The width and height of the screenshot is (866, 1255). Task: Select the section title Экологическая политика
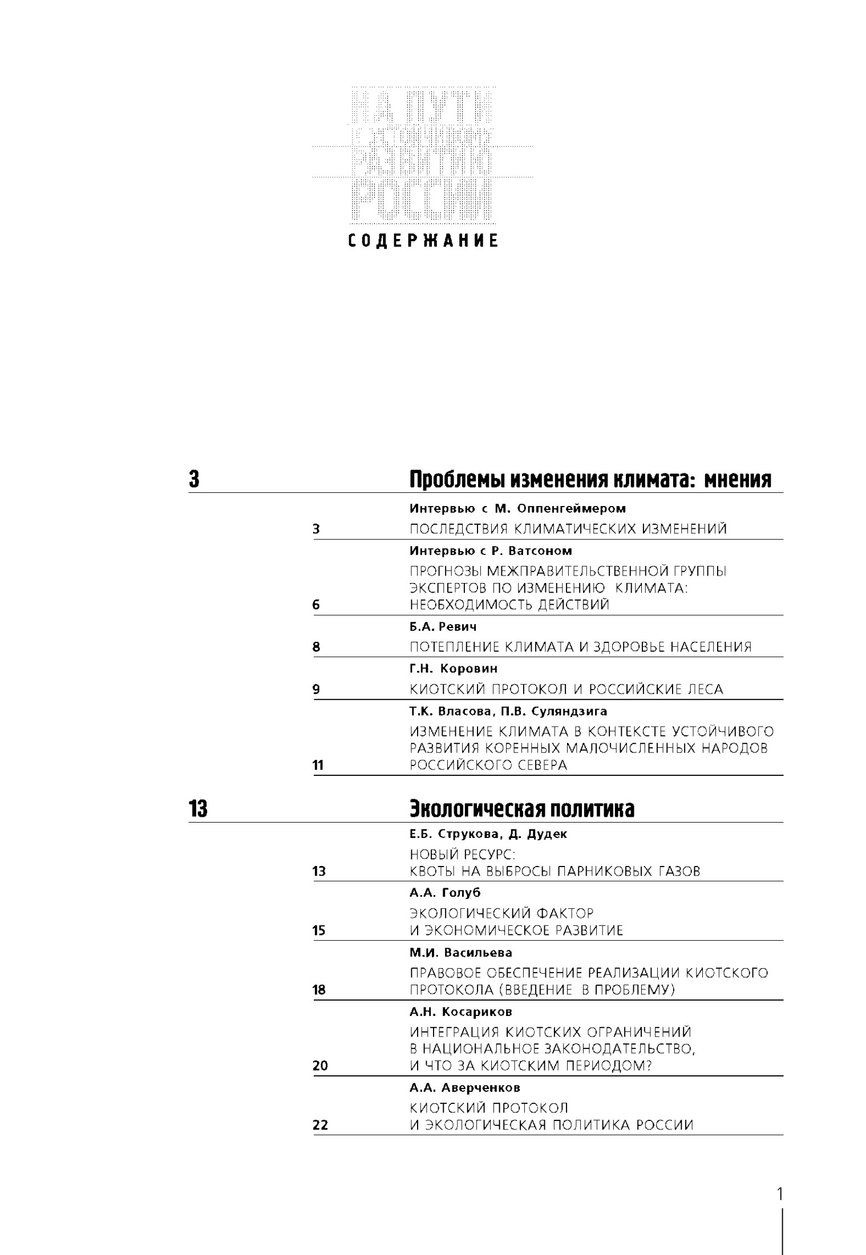click(521, 809)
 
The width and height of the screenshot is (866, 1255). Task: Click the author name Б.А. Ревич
click(443, 626)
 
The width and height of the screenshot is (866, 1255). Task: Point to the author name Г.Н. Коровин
click(454, 668)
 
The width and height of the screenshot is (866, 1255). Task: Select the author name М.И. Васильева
click(461, 953)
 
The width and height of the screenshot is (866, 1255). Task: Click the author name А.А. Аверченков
click(464, 1087)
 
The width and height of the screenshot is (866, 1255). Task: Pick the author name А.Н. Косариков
click(461, 1011)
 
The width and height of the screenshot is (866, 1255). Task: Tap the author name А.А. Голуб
click(445, 893)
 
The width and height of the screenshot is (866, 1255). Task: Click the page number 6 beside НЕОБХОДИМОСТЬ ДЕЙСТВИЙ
click(316, 605)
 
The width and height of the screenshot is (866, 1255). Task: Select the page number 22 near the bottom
click(321, 1125)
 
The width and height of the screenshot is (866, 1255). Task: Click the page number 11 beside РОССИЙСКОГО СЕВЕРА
click(318, 766)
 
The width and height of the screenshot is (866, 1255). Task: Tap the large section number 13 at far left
click(198, 809)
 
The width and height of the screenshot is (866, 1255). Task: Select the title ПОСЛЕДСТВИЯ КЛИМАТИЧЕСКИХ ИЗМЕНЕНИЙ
click(568, 529)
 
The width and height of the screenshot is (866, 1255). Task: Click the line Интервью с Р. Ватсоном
click(491, 551)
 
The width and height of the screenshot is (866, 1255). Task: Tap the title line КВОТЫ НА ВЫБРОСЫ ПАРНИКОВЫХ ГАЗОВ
click(555, 871)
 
